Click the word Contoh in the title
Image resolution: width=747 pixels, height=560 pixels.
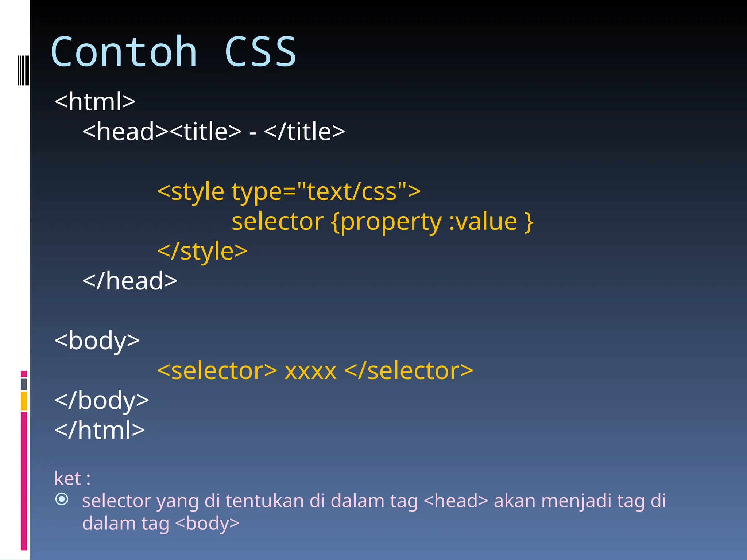(124, 52)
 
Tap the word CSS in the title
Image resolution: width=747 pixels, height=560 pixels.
(260, 52)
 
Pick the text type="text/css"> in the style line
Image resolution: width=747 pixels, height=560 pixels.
(326, 191)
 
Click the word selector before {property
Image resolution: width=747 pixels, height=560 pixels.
(278, 221)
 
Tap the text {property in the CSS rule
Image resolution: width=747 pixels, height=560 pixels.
(387, 222)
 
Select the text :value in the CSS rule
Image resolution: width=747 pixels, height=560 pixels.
(483, 221)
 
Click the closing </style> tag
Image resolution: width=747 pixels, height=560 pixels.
(202, 251)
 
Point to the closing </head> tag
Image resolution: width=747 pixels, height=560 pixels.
(130, 281)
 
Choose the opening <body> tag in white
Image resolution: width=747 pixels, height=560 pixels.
(97, 341)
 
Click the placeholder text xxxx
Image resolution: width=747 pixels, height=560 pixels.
(310, 371)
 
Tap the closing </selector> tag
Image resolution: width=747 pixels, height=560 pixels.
(409, 370)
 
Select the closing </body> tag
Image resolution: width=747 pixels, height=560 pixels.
(102, 400)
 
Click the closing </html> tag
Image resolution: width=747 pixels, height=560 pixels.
(100, 430)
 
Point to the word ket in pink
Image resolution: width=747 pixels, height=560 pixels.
(68, 478)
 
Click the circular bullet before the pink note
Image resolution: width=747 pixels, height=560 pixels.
(62, 499)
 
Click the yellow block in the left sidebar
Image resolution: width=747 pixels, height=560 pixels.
(24, 401)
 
